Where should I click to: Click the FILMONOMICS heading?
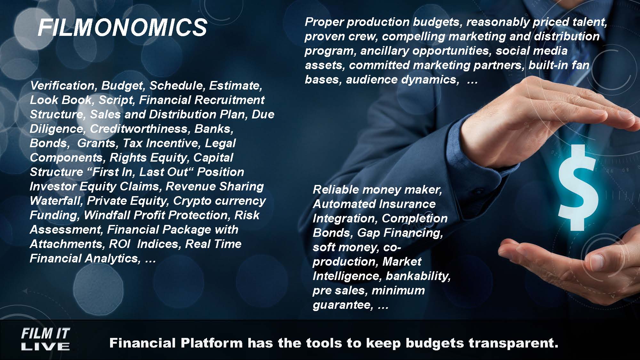click(122, 28)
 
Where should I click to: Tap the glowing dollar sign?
click(578, 188)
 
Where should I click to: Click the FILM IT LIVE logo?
click(45, 340)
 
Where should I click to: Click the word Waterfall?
click(56, 201)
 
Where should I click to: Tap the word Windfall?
click(107, 215)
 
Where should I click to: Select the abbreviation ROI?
click(119, 244)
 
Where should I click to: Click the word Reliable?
click(336, 190)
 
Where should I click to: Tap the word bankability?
click(418, 276)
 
